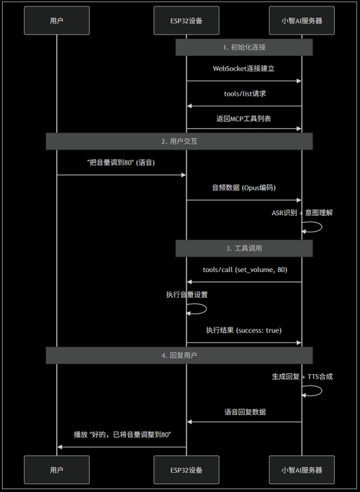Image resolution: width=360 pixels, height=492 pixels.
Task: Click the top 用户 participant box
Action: coord(57,21)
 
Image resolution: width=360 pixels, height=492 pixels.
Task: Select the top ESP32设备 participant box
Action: coord(186,21)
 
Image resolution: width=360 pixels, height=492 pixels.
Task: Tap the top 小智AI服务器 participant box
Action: coord(302,21)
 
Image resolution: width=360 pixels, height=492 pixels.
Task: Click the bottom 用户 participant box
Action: coord(57,470)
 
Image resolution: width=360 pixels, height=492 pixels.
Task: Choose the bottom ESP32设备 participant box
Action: coord(186,470)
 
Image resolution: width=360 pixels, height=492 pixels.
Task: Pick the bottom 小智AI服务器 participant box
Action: coord(302,470)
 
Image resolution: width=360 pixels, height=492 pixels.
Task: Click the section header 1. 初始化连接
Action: coord(244,47)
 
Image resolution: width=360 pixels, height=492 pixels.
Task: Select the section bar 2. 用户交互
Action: coord(179,141)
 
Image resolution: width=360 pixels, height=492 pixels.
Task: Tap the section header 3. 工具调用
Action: coord(244,248)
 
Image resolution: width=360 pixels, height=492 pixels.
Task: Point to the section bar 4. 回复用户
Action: coord(179,355)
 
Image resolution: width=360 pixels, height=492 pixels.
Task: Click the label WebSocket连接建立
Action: coord(244,68)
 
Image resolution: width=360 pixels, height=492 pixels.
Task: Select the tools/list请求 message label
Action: coord(244,94)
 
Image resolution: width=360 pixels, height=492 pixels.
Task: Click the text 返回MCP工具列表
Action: coord(244,117)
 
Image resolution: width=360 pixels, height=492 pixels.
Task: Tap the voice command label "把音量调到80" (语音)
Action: coord(122,163)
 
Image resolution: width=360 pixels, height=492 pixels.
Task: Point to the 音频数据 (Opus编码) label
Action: coord(244,188)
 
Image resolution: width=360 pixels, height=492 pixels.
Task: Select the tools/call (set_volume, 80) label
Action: coord(244,269)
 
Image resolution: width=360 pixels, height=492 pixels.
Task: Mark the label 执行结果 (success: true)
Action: coord(244,330)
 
